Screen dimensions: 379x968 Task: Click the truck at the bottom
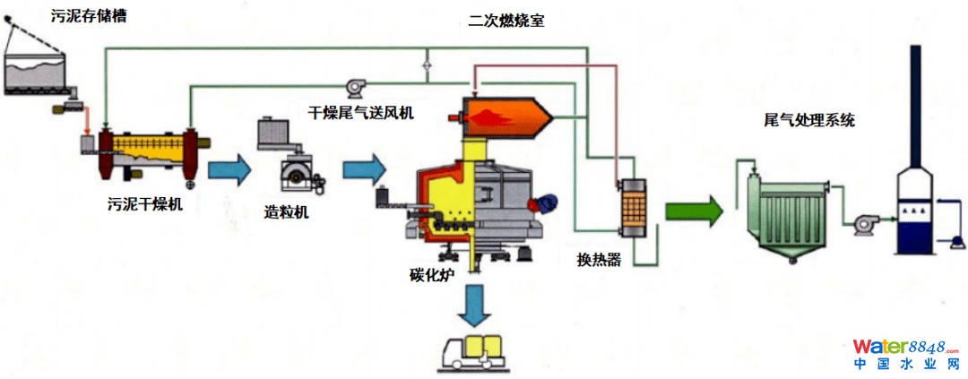coord(479,352)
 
